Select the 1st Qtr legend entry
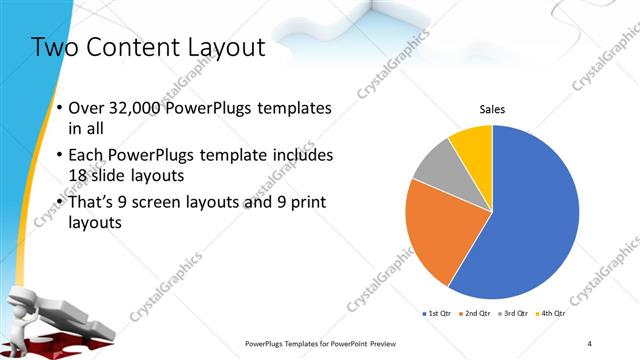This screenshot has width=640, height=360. [x=439, y=313]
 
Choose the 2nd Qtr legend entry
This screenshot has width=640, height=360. [x=476, y=313]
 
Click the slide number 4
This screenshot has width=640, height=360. [x=590, y=343]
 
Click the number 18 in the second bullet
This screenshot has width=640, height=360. [x=78, y=177]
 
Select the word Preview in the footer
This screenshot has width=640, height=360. [x=381, y=343]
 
